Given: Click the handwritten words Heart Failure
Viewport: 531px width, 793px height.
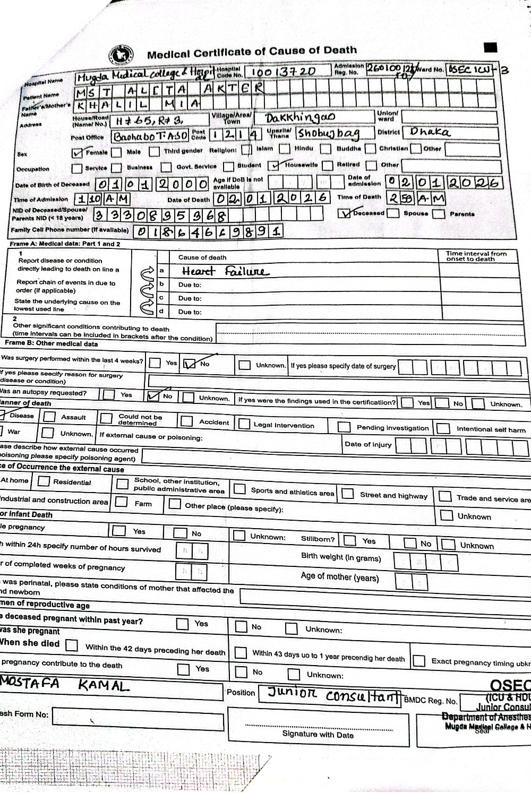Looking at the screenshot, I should [225, 272].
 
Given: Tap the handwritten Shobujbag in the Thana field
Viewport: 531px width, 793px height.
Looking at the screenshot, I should [328, 133].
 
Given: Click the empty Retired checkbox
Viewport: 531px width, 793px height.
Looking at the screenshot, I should [328, 165].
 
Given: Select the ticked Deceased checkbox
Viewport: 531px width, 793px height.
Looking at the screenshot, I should [346, 213].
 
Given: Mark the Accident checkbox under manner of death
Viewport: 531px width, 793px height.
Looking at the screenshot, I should [186, 421].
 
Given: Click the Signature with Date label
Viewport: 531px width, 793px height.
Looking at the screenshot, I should [318, 735].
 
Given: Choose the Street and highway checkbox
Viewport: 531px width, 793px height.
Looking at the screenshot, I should [348, 494].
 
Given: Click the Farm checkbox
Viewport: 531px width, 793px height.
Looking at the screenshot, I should [122, 502].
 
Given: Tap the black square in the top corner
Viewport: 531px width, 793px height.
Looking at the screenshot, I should [491, 48].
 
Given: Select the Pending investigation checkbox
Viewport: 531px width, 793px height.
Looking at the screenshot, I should [344, 427].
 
